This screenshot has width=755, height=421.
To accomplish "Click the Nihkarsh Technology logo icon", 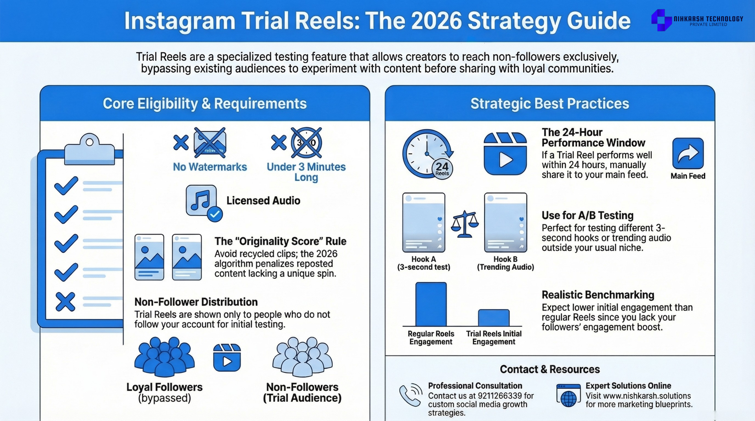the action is (662, 20).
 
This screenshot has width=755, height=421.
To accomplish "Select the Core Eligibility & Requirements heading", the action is (205, 103).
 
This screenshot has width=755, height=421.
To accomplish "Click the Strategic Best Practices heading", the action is (550, 103).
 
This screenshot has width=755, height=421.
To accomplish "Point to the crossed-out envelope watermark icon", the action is (210, 142).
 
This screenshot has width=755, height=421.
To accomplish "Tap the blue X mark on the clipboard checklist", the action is (66, 301).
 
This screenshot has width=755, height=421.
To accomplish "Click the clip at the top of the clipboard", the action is (90, 149).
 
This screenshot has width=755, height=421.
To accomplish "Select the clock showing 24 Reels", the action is (428, 154).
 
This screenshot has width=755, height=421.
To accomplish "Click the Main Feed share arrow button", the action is (688, 153).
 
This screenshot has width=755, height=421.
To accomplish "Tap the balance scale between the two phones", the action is (465, 224).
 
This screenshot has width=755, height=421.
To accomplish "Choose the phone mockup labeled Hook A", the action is (424, 223).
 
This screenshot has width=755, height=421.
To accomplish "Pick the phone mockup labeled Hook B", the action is (505, 223).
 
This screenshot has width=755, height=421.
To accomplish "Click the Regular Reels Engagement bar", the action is (431, 304).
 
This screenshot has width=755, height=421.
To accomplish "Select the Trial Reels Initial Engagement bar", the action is (494, 318).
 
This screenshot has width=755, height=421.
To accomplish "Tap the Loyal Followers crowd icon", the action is (165, 357).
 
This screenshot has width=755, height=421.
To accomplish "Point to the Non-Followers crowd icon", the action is (302, 357).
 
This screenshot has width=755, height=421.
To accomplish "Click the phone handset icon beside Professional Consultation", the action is (411, 395).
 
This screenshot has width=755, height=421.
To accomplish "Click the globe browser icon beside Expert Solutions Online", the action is (568, 396).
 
